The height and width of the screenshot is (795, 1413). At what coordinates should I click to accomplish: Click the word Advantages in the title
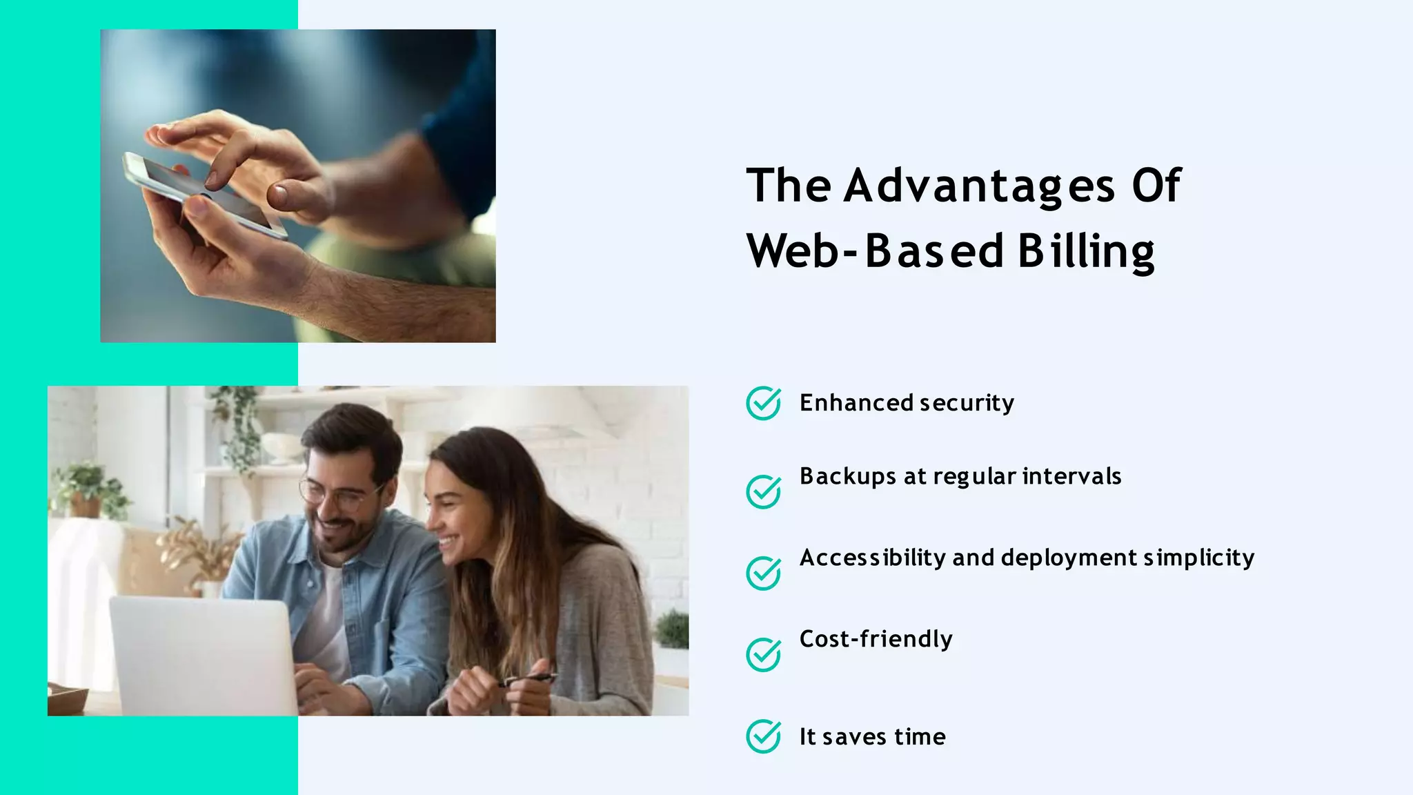coord(979,186)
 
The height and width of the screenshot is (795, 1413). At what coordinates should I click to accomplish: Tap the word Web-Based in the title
coord(875,251)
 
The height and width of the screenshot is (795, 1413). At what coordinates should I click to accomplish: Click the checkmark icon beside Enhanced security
coord(763,403)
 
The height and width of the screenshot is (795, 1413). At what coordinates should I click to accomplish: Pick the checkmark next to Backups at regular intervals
coord(763,491)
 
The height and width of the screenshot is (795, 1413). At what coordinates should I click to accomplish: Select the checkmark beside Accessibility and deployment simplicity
coord(763,573)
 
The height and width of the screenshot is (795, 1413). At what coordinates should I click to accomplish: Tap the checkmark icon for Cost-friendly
coord(763,654)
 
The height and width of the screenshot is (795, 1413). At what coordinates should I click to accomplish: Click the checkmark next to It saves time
coord(763,736)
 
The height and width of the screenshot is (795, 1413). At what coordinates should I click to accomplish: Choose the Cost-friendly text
coord(876,639)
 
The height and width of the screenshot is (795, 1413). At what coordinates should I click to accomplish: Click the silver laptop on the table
coord(204,656)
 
